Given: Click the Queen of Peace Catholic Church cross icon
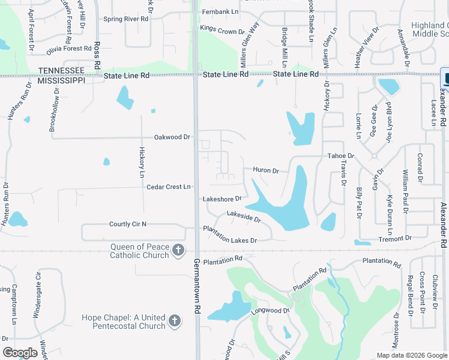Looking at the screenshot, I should click(178, 250).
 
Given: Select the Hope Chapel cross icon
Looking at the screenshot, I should click(175, 321).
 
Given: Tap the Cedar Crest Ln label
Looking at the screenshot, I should click(169, 187).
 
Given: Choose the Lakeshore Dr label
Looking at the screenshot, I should click(222, 199).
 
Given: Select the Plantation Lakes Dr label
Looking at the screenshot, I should click(230, 235).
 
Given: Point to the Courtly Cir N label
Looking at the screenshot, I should click(128, 224).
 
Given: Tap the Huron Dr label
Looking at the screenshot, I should click(266, 171).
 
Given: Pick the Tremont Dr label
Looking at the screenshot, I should click(395, 239).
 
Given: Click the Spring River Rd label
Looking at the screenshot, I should click(125, 19).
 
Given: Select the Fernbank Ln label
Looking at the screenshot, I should click(220, 11).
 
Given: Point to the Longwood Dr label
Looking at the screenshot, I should click(270, 311).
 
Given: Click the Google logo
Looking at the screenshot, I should click(20, 353).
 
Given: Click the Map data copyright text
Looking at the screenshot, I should click(411, 355).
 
